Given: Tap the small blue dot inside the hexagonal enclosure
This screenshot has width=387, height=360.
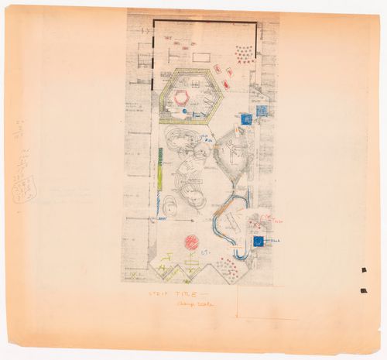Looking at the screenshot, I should [x=185, y=112].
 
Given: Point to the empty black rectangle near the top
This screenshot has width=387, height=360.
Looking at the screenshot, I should [x=200, y=57].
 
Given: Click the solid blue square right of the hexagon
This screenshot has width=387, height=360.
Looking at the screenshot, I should [x=246, y=119].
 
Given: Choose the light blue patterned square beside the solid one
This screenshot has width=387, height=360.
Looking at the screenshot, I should [x=262, y=111].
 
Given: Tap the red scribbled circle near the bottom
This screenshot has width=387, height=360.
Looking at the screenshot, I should [x=191, y=242].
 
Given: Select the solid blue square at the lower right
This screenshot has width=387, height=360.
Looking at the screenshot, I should [x=257, y=242].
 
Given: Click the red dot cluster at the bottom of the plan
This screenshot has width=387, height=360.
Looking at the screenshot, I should [x=228, y=267].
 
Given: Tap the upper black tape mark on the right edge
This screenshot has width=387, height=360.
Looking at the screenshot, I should [x=363, y=269].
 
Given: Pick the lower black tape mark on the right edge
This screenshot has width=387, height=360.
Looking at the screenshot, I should [x=363, y=290].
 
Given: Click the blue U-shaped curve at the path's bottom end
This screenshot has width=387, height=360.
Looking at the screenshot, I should [x=240, y=252].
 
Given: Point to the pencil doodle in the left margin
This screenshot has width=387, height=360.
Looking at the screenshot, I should [x=24, y=188].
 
